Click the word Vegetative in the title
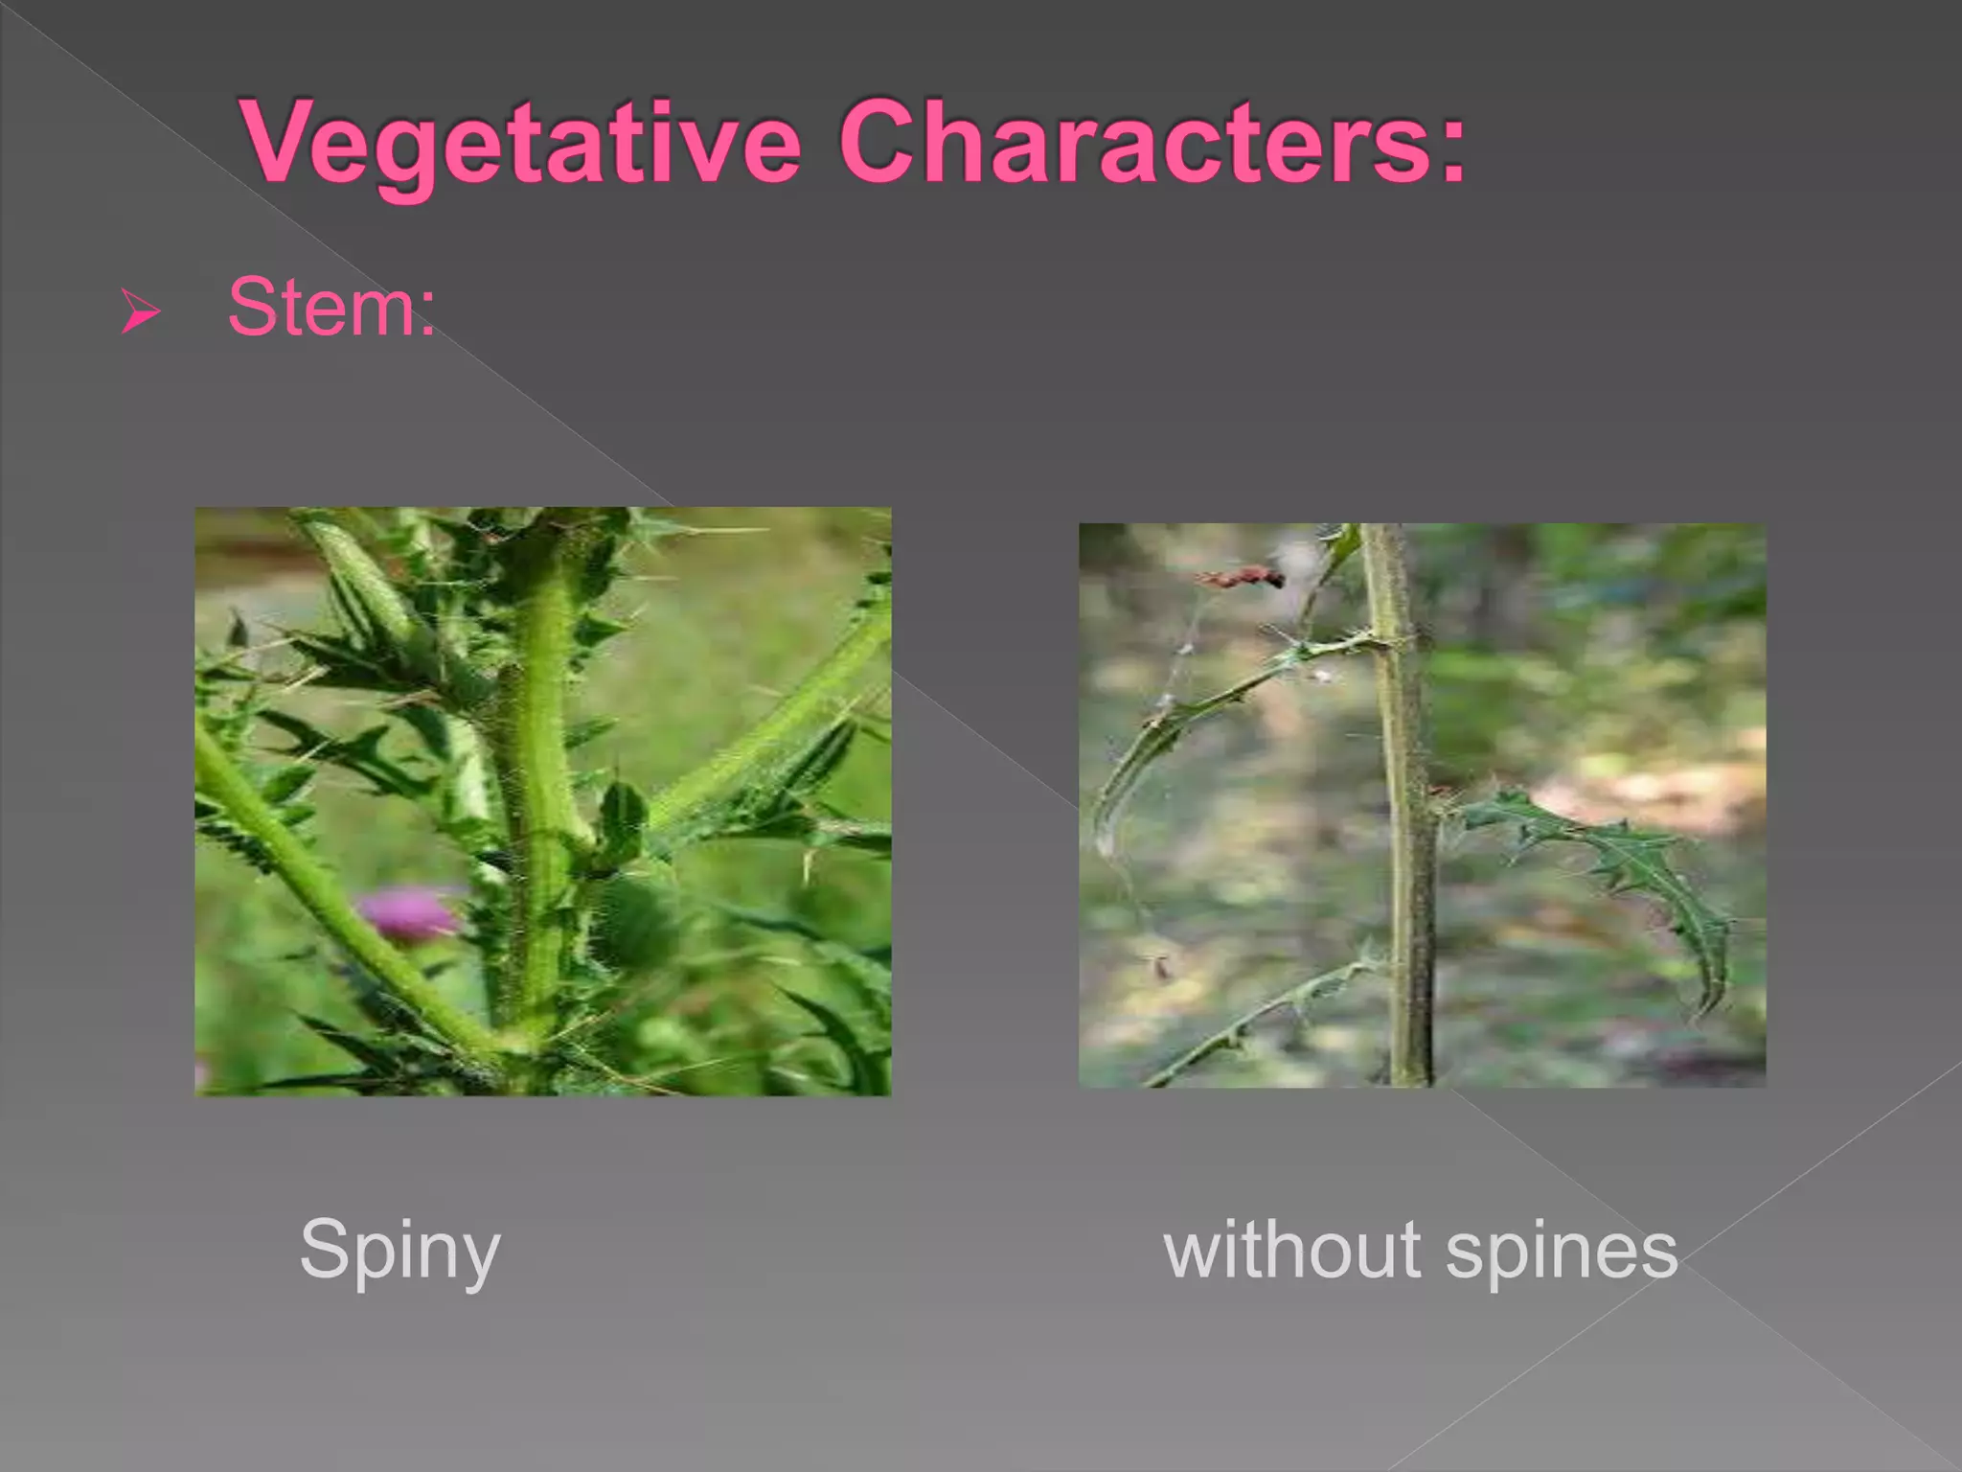pos(522,144)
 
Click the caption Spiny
pos(399,1251)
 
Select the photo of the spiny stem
pos(542,801)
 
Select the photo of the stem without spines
pos(1422,805)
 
